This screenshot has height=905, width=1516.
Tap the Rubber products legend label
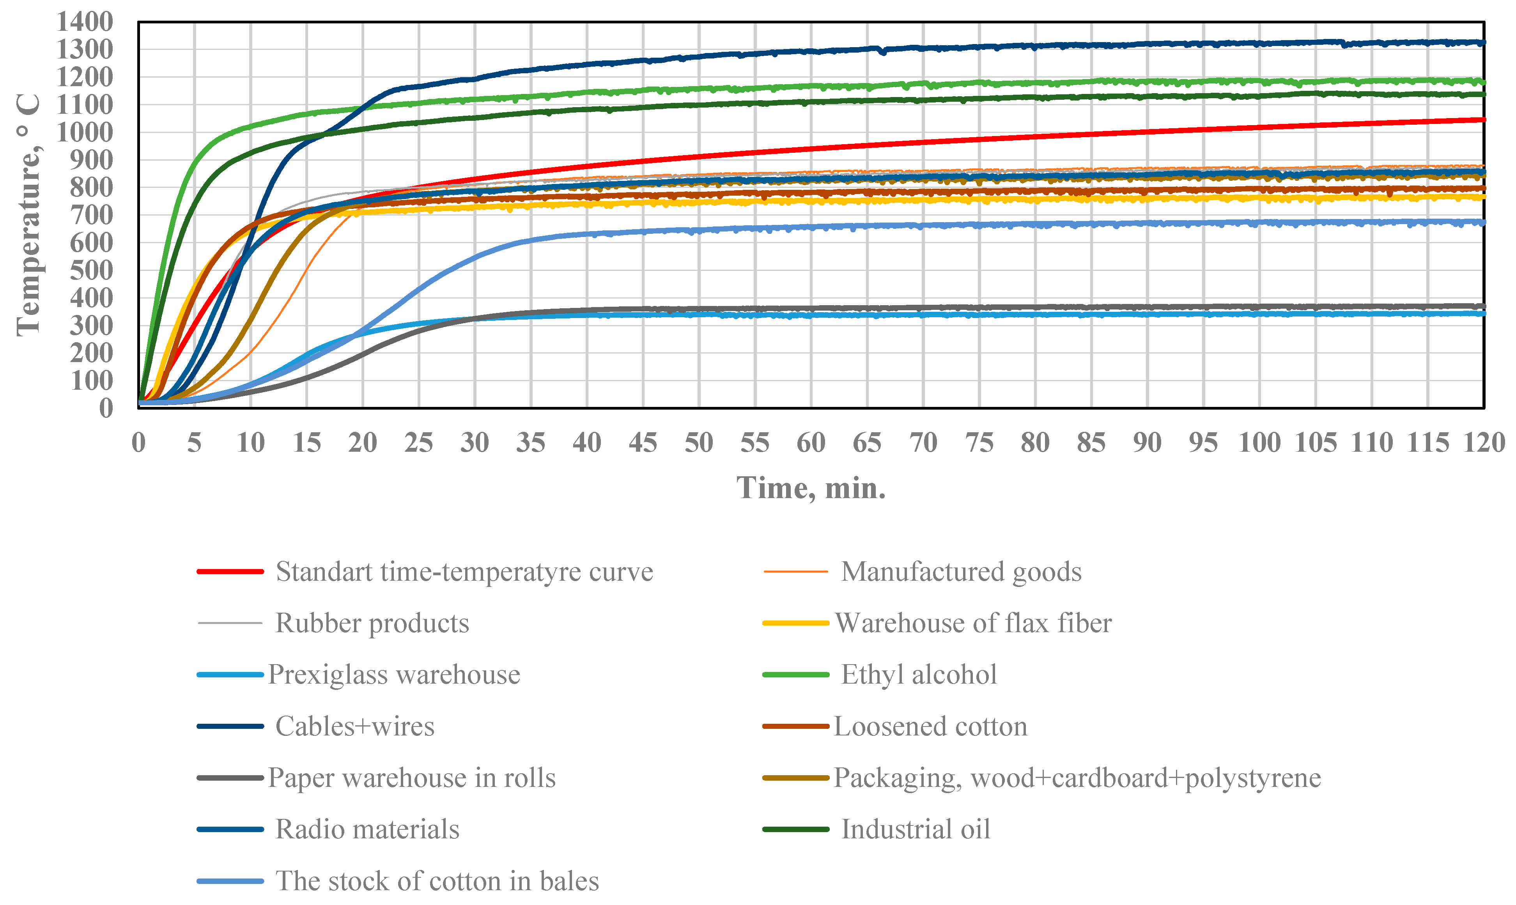coord(372,623)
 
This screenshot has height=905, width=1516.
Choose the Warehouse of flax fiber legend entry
coord(973,623)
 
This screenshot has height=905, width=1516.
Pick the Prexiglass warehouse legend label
coord(393,675)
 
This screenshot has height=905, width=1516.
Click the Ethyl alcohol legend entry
coord(919,675)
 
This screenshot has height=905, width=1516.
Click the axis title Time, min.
coord(811,488)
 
